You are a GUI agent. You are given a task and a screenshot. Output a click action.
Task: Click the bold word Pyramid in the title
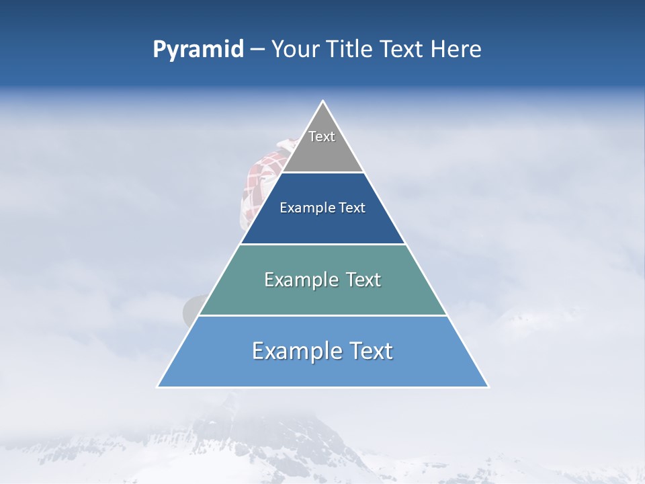click(x=198, y=50)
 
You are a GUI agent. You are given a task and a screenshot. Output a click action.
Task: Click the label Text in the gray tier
click(x=322, y=136)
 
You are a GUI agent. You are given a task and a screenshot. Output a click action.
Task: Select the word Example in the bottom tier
click(x=291, y=351)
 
